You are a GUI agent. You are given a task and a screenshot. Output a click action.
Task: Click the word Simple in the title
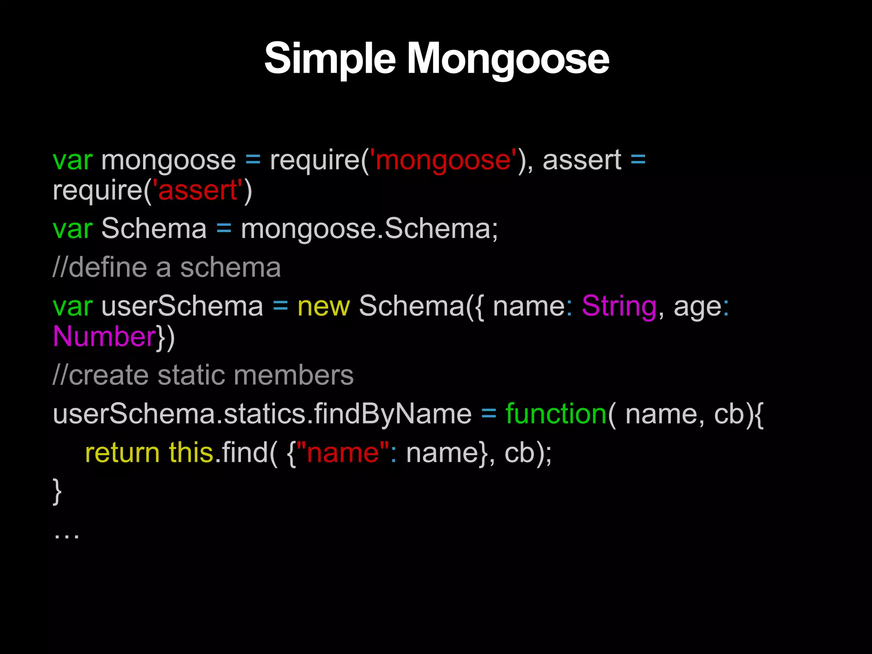tap(330, 59)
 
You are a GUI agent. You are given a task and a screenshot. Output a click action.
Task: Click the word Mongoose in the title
tap(508, 59)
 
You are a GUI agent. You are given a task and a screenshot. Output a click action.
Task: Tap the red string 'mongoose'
tap(443, 161)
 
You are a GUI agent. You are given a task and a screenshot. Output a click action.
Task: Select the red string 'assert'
tap(198, 190)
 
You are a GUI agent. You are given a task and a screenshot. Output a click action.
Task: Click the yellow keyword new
tap(324, 306)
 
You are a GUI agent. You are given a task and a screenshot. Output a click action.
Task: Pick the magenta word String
tap(619, 306)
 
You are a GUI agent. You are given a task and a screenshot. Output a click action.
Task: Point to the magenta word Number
tap(104, 336)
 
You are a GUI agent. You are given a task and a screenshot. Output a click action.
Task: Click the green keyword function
tap(556, 414)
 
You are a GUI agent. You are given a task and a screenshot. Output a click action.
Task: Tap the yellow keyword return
tap(122, 452)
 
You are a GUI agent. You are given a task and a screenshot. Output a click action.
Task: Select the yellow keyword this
tap(191, 452)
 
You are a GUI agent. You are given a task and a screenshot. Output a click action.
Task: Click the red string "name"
tap(343, 452)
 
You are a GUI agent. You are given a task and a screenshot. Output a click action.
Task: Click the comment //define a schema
tap(166, 268)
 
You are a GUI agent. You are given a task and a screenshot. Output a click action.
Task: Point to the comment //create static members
tap(203, 376)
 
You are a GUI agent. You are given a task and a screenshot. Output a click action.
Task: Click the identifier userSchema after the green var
tap(182, 306)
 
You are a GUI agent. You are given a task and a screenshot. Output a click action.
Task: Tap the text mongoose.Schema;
tap(369, 229)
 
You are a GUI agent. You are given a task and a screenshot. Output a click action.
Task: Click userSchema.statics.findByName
tap(262, 414)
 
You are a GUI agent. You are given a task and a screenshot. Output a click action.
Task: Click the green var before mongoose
tap(72, 161)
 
